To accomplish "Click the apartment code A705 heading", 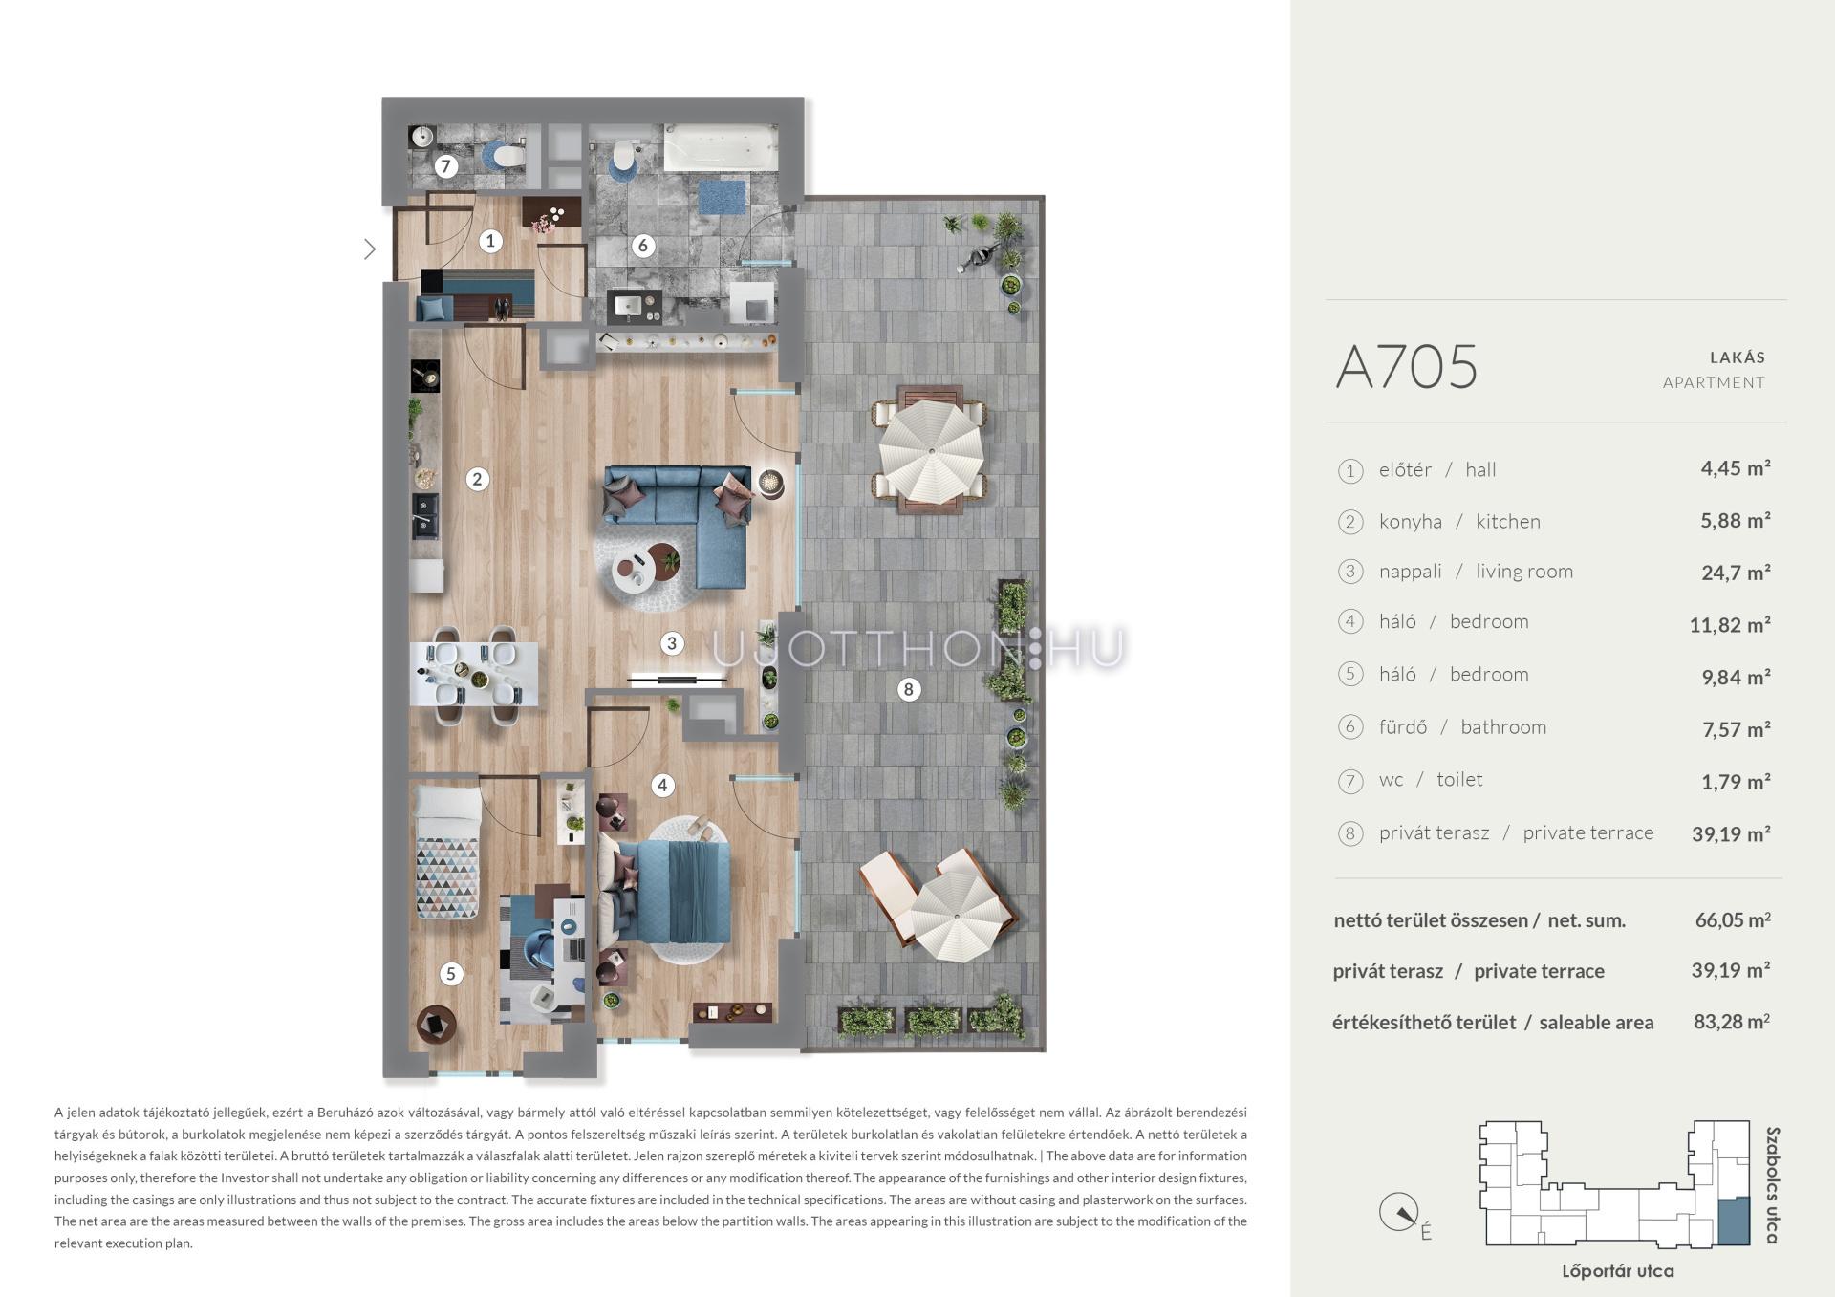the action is point(1406,367).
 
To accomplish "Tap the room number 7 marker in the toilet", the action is point(444,166).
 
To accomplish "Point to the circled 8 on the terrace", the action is point(908,688).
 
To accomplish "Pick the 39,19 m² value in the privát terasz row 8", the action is point(1731,833).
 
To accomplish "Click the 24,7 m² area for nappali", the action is point(1736,573).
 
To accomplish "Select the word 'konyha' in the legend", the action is point(1410,521).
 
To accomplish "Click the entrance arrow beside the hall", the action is point(370,249).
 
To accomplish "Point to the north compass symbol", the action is point(1398,1213).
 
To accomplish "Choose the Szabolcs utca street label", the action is point(1773,1185).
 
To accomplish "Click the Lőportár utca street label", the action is point(1617,1271).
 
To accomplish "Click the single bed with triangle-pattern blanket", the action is point(446,854).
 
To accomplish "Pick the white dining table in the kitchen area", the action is point(474,674).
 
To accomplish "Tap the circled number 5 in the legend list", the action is point(1349,674).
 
